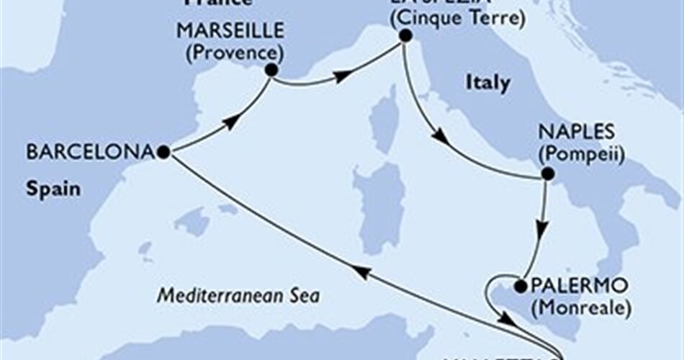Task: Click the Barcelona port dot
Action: [x=163, y=152]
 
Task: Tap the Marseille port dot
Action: [x=271, y=70]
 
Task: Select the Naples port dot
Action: [x=547, y=174]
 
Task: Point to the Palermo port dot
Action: [x=520, y=287]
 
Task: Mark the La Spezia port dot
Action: [x=405, y=35]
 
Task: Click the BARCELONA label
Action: [x=90, y=152]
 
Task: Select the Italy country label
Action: [x=487, y=83]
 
